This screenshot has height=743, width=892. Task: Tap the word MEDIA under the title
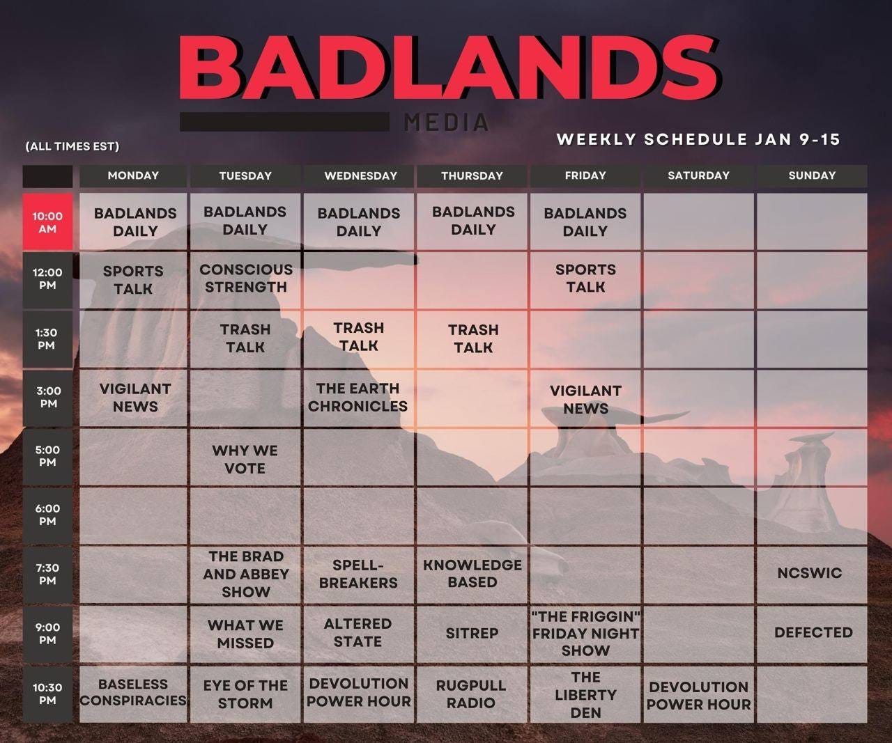[x=446, y=123]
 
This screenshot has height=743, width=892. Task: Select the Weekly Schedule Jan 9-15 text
[x=698, y=139]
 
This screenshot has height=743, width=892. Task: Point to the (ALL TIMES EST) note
[x=72, y=146]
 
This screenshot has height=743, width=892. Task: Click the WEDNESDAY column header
[x=360, y=175]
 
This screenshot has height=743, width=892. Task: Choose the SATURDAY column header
[x=698, y=175]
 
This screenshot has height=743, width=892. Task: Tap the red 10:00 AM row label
[x=47, y=222]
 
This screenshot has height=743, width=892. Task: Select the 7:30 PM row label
[x=47, y=574]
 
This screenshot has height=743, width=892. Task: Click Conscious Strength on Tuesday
[x=245, y=279]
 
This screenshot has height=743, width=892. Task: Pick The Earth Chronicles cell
[x=358, y=398]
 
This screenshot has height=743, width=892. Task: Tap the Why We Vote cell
[x=245, y=460]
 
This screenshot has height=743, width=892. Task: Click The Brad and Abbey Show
[x=245, y=574]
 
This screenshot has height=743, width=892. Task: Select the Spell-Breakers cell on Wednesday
[x=358, y=574]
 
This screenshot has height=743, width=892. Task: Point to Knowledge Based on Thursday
[x=472, y=574]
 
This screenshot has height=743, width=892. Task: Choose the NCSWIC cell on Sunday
[x=810, y=573]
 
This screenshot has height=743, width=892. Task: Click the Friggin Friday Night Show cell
[x=585, y=634]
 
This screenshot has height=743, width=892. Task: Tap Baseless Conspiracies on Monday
[x=133, y=693]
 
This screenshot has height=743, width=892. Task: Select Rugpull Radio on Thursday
[x=472, y=694]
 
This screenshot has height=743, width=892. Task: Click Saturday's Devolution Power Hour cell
[x=698, y=695]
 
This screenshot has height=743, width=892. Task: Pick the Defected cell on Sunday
[x=813, y=633]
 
